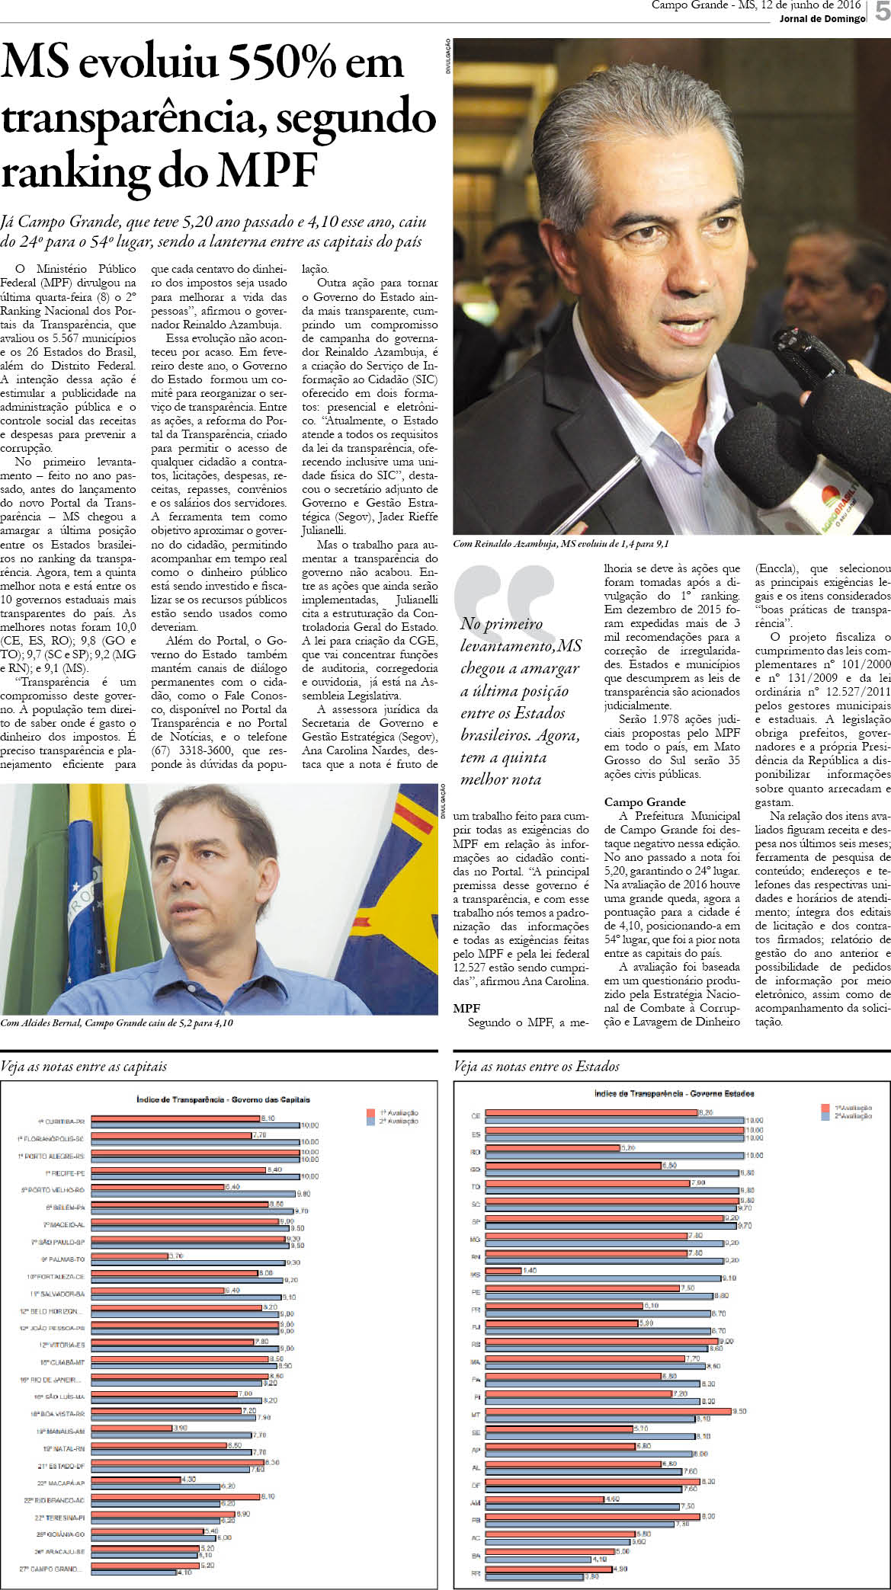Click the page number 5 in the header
click(x=882, y=11)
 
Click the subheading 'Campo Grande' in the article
click(x=645, y=802)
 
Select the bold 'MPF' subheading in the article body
click(x=466, y=1008)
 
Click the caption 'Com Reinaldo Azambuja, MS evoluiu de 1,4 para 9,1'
click(x=560, y=544)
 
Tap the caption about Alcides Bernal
click(x=117, y=1023)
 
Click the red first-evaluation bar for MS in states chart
click(x=504, y=1271)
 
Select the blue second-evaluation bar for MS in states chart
click(x=603, y=1278)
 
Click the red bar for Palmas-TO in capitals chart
click(x=130, y=1256)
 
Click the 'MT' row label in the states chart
click(x=476, y=1414)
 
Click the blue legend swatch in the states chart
click(x=825, y=1116)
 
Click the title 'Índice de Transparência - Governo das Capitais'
click(x=223, y=1099)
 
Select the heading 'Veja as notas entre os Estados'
click(x=536, y=1067)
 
